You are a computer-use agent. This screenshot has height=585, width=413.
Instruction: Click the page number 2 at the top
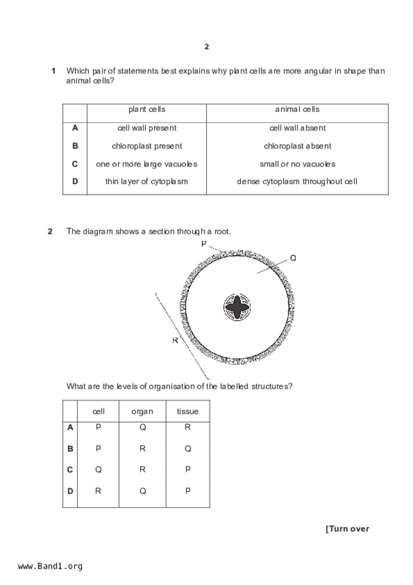point(207,47)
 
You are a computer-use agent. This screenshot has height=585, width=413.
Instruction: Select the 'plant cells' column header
point(147,109)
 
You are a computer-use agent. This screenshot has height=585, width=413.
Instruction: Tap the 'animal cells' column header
point(297,109)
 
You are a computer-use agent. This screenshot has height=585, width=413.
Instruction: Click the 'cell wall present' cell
point(147,128)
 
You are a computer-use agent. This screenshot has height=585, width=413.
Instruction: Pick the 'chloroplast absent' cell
point(297,146)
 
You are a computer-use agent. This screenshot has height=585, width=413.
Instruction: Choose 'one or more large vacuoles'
point(146,164)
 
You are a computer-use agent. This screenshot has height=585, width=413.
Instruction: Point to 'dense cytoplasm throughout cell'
point(297,182)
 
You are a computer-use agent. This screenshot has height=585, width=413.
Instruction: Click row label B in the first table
point(75,146)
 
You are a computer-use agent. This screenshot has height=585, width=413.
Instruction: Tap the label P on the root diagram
point(204,244)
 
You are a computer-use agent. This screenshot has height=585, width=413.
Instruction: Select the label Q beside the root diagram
point(293,258)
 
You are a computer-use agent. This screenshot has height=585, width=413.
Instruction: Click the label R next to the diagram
point(175,341)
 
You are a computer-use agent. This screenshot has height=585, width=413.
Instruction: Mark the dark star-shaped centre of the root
point(237,307)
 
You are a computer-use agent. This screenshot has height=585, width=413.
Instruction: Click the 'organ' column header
point(142,412)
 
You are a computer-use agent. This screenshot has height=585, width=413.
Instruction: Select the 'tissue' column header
point(188,412)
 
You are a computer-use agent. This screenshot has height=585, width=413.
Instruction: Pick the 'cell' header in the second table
point(98,412)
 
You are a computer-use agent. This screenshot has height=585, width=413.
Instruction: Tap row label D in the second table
point(70,491)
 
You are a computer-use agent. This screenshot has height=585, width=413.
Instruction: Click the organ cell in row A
point(142,427)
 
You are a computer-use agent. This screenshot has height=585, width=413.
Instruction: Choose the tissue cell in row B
point(188,449)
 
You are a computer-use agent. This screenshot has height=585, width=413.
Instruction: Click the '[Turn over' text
point(347,529)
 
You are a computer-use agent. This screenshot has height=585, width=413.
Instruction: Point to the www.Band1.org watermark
point(50,566)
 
